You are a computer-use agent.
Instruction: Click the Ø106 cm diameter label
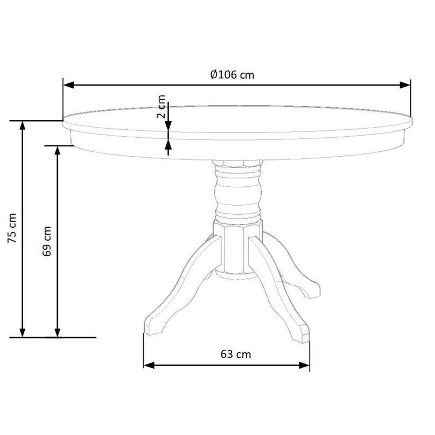(232, 75)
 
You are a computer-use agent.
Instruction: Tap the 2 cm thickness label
(161, 107)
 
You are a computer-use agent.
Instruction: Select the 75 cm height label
(12, 228)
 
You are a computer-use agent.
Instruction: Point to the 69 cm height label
(47, 241)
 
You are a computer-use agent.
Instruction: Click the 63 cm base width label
(236, 354)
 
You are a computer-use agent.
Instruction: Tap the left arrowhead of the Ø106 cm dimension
(69, 85)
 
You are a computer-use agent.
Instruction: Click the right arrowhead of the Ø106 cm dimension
(405, 85)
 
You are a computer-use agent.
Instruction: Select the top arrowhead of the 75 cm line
(22, 126)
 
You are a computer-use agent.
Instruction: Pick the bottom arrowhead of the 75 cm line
(22, 332)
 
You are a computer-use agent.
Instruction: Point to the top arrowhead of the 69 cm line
(58, 151)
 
